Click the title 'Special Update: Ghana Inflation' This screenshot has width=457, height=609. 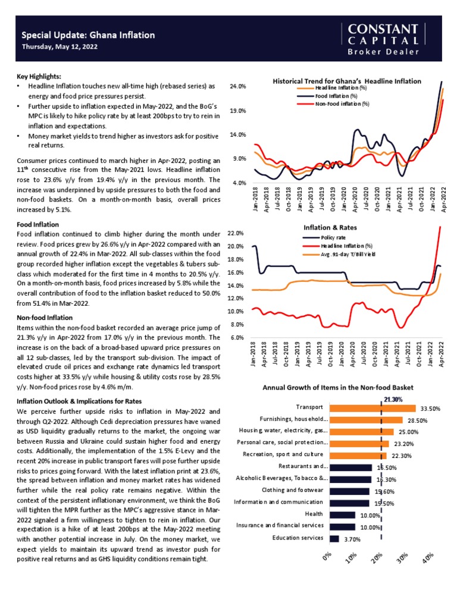click(x=88, y=35)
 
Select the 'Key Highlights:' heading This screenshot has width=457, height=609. click(x=39, y=77)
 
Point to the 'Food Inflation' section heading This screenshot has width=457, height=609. click(x=37, y=224)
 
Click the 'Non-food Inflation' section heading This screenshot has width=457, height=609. click(x=45, y=318)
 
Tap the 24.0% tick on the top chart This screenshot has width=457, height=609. click(x=238, y=87)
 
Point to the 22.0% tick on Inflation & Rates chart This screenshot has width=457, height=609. click(x=236, y=233)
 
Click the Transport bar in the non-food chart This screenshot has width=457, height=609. click(x=372, y=408)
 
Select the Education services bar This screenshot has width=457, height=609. click(x=334, y=539)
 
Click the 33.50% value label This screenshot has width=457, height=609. click(x=430, y=409)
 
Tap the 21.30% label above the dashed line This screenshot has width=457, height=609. click(x=394, y=400)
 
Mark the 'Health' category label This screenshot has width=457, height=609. click(x=314, y=513)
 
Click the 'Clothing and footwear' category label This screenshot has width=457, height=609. click(x=293, y=490)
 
